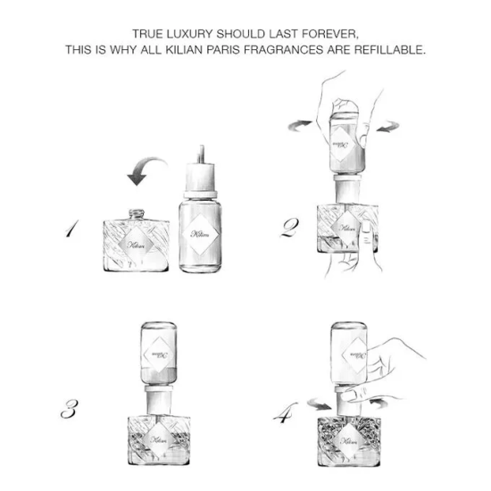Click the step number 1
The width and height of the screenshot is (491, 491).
(72, 229)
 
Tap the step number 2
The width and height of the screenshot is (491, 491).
(289, 228)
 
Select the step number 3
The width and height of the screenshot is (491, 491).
(70, 409)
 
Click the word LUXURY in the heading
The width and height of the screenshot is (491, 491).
(189, 34)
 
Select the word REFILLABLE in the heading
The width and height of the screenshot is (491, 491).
(390, 49)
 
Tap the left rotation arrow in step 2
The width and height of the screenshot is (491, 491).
(300, 125)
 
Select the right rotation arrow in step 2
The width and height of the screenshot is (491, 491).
(387, 127)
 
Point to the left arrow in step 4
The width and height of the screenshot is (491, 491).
(319, 404)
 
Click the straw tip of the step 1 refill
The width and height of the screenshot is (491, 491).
(202, 147)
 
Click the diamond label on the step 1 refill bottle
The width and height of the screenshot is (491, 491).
(200, 234)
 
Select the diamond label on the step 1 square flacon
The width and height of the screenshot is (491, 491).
(137, 245)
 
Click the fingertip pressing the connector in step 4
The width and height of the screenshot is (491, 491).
(345, 396)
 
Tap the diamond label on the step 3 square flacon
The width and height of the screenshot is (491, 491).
(159, 439)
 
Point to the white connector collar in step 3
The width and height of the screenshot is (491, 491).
(159, 402)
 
